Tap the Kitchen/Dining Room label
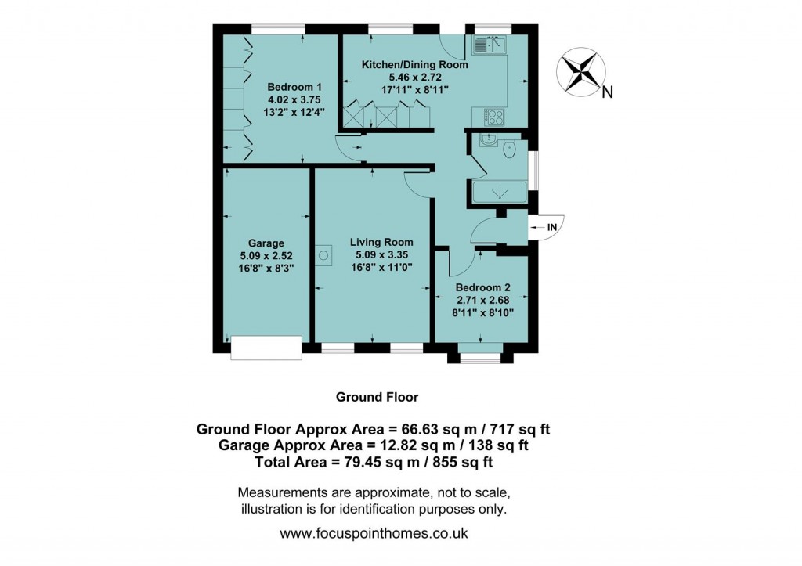coord(414,65)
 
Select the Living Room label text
coord(381,242)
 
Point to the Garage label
coord(266,243)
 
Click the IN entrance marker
coord(551,227)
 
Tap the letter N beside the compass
coord(607,93)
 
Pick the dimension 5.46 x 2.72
coord(415,78)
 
